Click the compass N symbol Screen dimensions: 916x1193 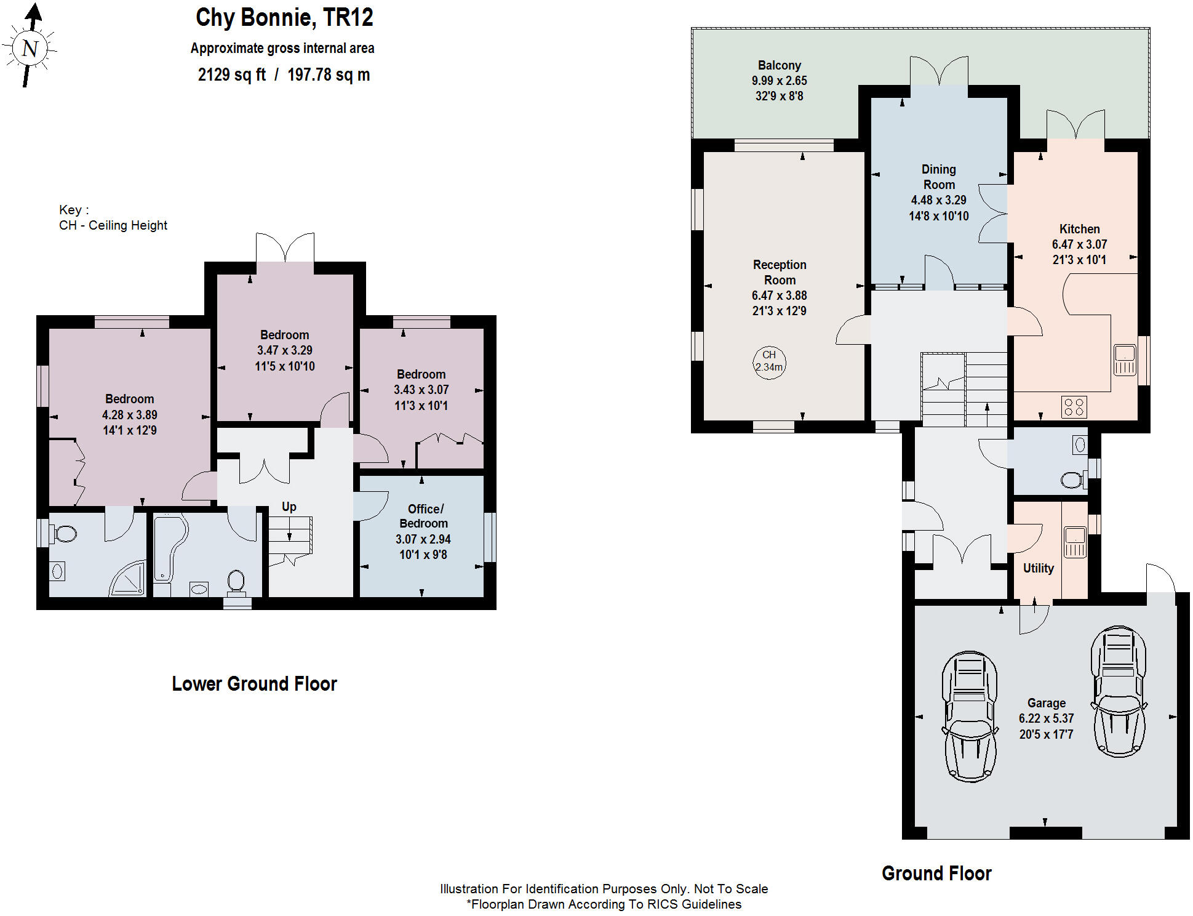click(x=30, y=48)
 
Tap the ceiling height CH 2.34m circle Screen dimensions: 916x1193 click(x=769, y=361)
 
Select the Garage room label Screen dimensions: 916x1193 click(x=1046, y=703)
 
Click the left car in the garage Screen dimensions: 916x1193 click(x=970, y=717)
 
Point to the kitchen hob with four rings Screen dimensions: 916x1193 click(x=1074, y=407)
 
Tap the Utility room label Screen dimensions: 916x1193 click(x=1038, y=568)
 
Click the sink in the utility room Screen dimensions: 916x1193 click(x=1075, y=542)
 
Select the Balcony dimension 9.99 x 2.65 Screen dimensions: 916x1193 click(x=779, y=81)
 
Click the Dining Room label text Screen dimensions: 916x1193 click(x=938, y=177)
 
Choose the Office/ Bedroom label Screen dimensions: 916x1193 click(x=424, y=516)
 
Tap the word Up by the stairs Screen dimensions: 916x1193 click(x=289, y=507)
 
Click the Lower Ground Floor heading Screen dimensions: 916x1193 click(x=254, y=684)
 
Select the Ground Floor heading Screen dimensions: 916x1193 click(x=936, y=873)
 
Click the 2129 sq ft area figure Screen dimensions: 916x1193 click(x=231, y=75)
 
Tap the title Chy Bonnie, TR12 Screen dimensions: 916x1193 click(x=284, y=17)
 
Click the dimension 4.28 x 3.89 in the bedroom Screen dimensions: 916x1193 click(x=129, y=415)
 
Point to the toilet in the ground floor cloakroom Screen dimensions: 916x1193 click(x=1073, y=480)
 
